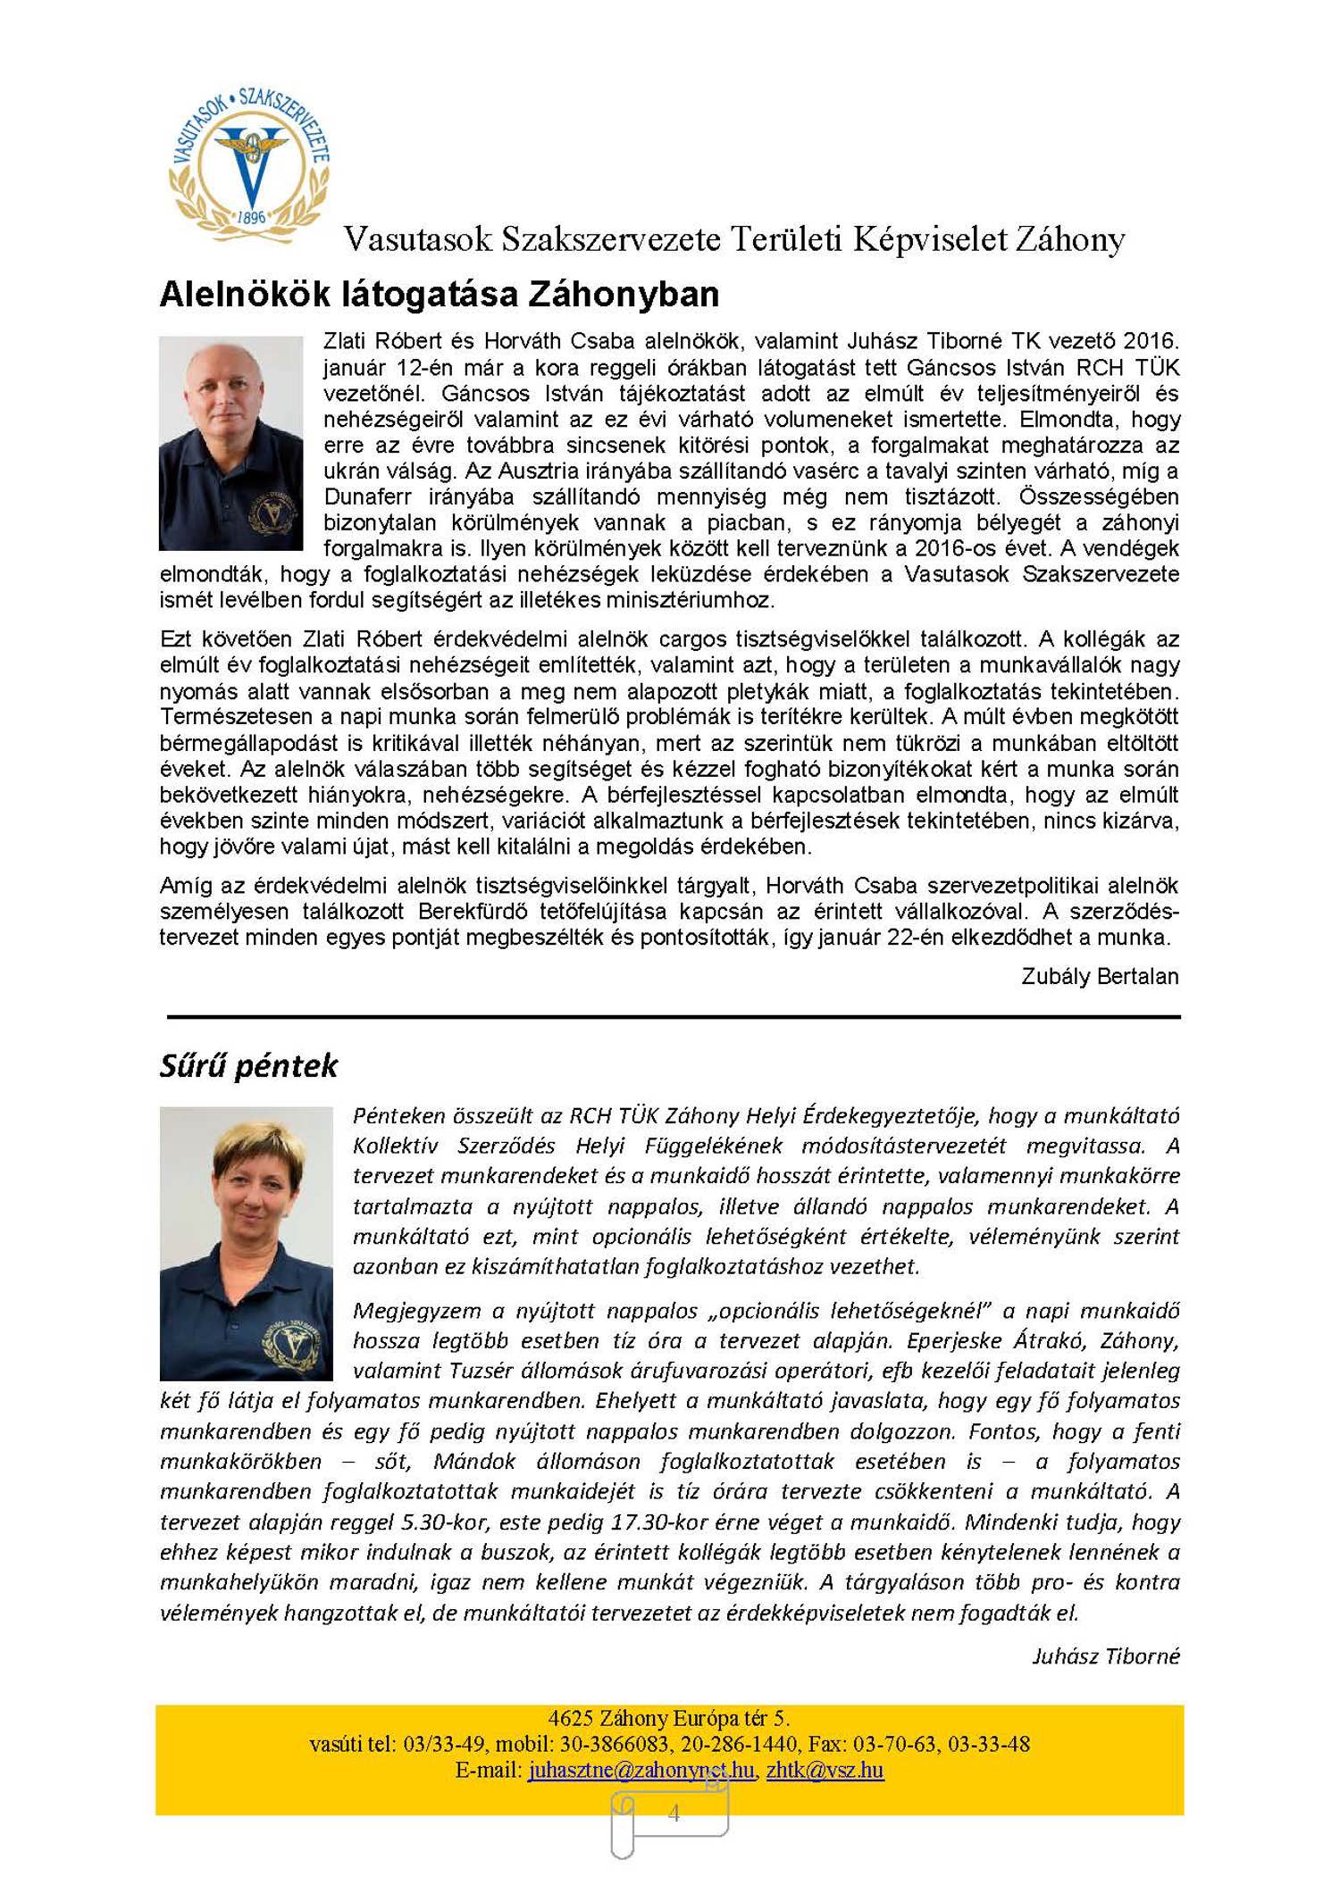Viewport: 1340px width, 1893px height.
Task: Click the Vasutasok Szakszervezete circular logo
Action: point(249,165)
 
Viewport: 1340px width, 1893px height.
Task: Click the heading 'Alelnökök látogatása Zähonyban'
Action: point(439,295)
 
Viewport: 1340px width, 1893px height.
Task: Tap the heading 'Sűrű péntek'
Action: point(248,1065)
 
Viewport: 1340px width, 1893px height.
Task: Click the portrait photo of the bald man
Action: point(230,443)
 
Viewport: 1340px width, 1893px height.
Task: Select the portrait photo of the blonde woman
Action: point(246,1242)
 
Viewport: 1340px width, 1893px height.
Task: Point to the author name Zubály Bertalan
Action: point(1099,976)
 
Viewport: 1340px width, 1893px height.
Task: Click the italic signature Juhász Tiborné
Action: point(1105,1656)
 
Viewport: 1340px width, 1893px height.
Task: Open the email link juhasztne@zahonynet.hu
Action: point(641,1770)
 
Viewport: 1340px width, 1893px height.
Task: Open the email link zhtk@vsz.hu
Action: point(825,1770)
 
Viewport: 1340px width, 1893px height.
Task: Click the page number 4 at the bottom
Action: point(674,1813)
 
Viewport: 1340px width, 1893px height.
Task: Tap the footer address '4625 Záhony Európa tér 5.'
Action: point(668,1718)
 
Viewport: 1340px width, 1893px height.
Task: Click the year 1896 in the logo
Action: point(251,217)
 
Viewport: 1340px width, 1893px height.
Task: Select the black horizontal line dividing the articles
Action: point(673,1016)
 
